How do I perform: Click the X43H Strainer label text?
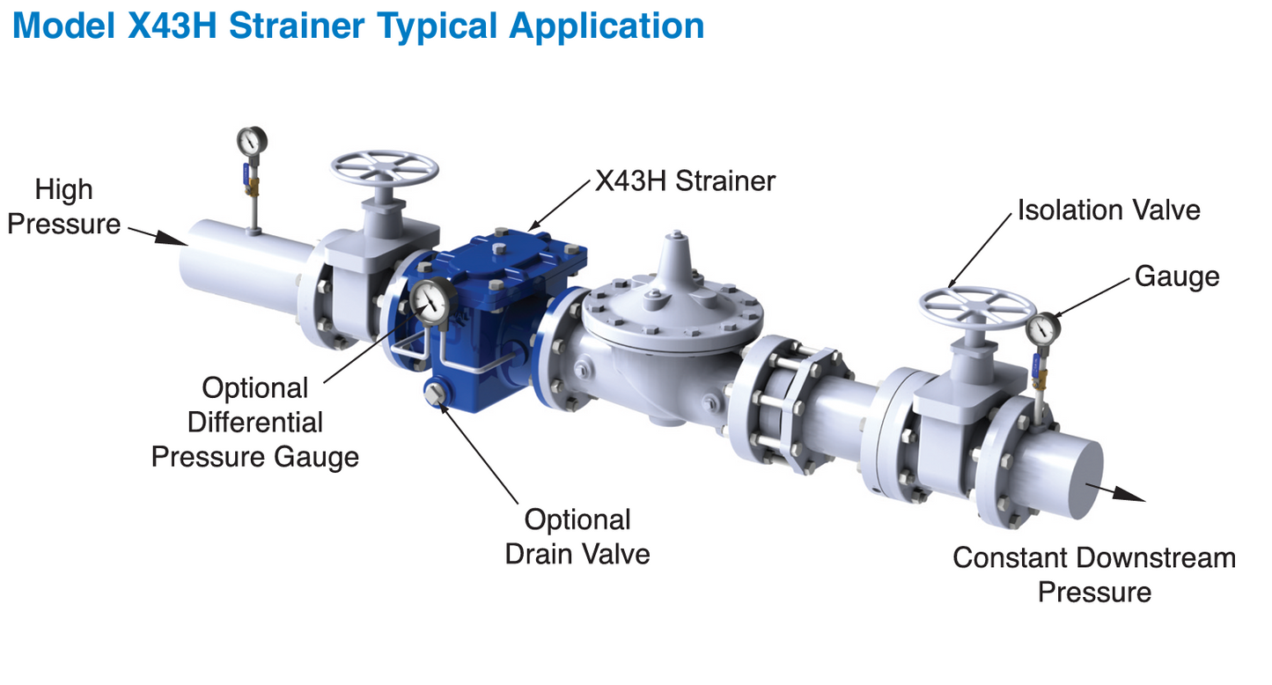(x=686, y=181)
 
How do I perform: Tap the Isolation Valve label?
(x=1108, y=210)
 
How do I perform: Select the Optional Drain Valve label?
(x=577, y=536)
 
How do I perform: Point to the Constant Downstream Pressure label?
(x=1094, y=574)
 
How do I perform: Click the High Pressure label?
(x=63, y=206)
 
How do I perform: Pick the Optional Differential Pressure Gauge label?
(x=255, y=423)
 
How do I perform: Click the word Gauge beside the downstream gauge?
(x=1177, y=276)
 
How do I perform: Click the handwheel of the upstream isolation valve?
(x=385, y=166)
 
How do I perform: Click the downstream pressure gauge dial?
(x=1043, y=328)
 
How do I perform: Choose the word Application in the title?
(x=607, y=26)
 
